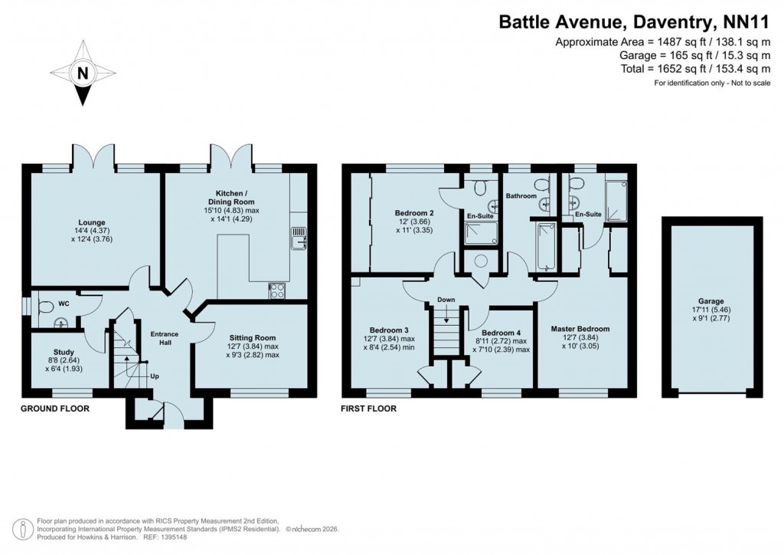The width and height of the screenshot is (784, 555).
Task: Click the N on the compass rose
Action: pos(82,74)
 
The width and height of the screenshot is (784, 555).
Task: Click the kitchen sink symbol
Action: pos(299,239)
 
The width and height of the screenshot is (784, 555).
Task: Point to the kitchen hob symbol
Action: pos(277,291)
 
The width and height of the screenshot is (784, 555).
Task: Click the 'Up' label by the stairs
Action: pos(155,376)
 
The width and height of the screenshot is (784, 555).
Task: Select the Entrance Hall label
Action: pos(164,339)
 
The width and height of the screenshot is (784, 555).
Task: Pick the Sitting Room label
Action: pos(253,337)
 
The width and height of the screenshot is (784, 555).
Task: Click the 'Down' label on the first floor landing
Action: pos(446,299)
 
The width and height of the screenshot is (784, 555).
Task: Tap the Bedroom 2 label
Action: pos(415,212)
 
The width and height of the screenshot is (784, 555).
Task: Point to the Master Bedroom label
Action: pos(580,329)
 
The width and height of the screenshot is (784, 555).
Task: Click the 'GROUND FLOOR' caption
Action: pos(55,409)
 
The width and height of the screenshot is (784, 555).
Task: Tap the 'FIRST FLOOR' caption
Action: pos(369,409)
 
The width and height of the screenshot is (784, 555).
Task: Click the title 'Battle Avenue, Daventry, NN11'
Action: pos(634,22)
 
